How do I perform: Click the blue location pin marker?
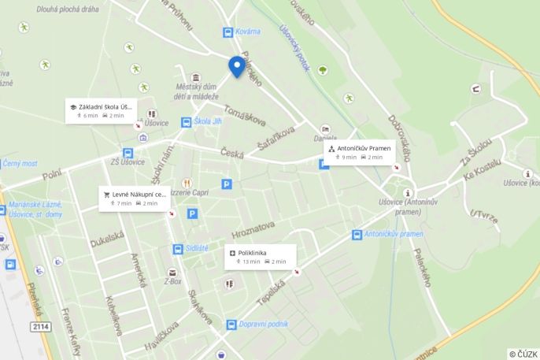click(235, 66)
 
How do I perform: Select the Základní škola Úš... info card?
click(100, 110)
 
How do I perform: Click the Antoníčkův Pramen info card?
click(359, 152)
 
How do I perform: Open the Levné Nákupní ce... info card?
click(135, 198)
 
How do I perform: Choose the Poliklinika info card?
click(260, 256)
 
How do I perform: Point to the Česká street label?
click(231, 153)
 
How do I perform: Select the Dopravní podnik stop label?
click(262, 324)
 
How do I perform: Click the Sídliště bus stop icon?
click(179, 249)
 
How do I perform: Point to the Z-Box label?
click(172, 280)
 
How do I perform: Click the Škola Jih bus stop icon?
click(187, 122)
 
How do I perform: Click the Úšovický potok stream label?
click(293, 47)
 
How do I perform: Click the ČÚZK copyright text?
click(523, 354)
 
